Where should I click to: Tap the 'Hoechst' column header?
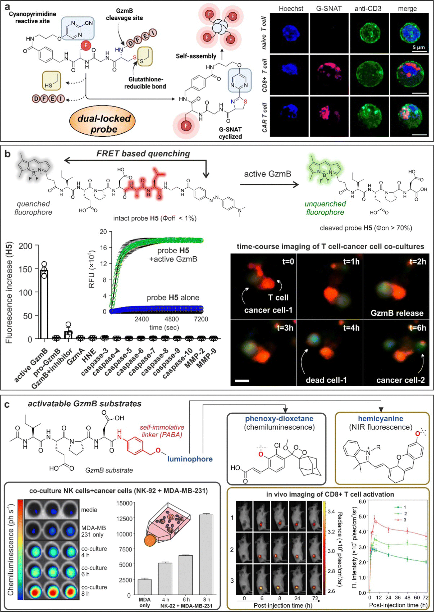291,8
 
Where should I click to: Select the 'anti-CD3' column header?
368,8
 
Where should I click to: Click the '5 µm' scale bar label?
418,47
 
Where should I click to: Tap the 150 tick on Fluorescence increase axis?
26,269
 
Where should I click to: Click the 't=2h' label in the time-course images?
417,261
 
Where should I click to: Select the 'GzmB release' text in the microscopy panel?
397,313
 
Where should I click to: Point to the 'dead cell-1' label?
326,380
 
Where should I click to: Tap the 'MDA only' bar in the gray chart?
145,587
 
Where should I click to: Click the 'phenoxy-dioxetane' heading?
279,418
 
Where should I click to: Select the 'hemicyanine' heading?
381,418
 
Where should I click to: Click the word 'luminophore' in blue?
190,459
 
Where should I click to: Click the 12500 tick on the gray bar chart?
125,519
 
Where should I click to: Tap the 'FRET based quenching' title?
143,153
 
